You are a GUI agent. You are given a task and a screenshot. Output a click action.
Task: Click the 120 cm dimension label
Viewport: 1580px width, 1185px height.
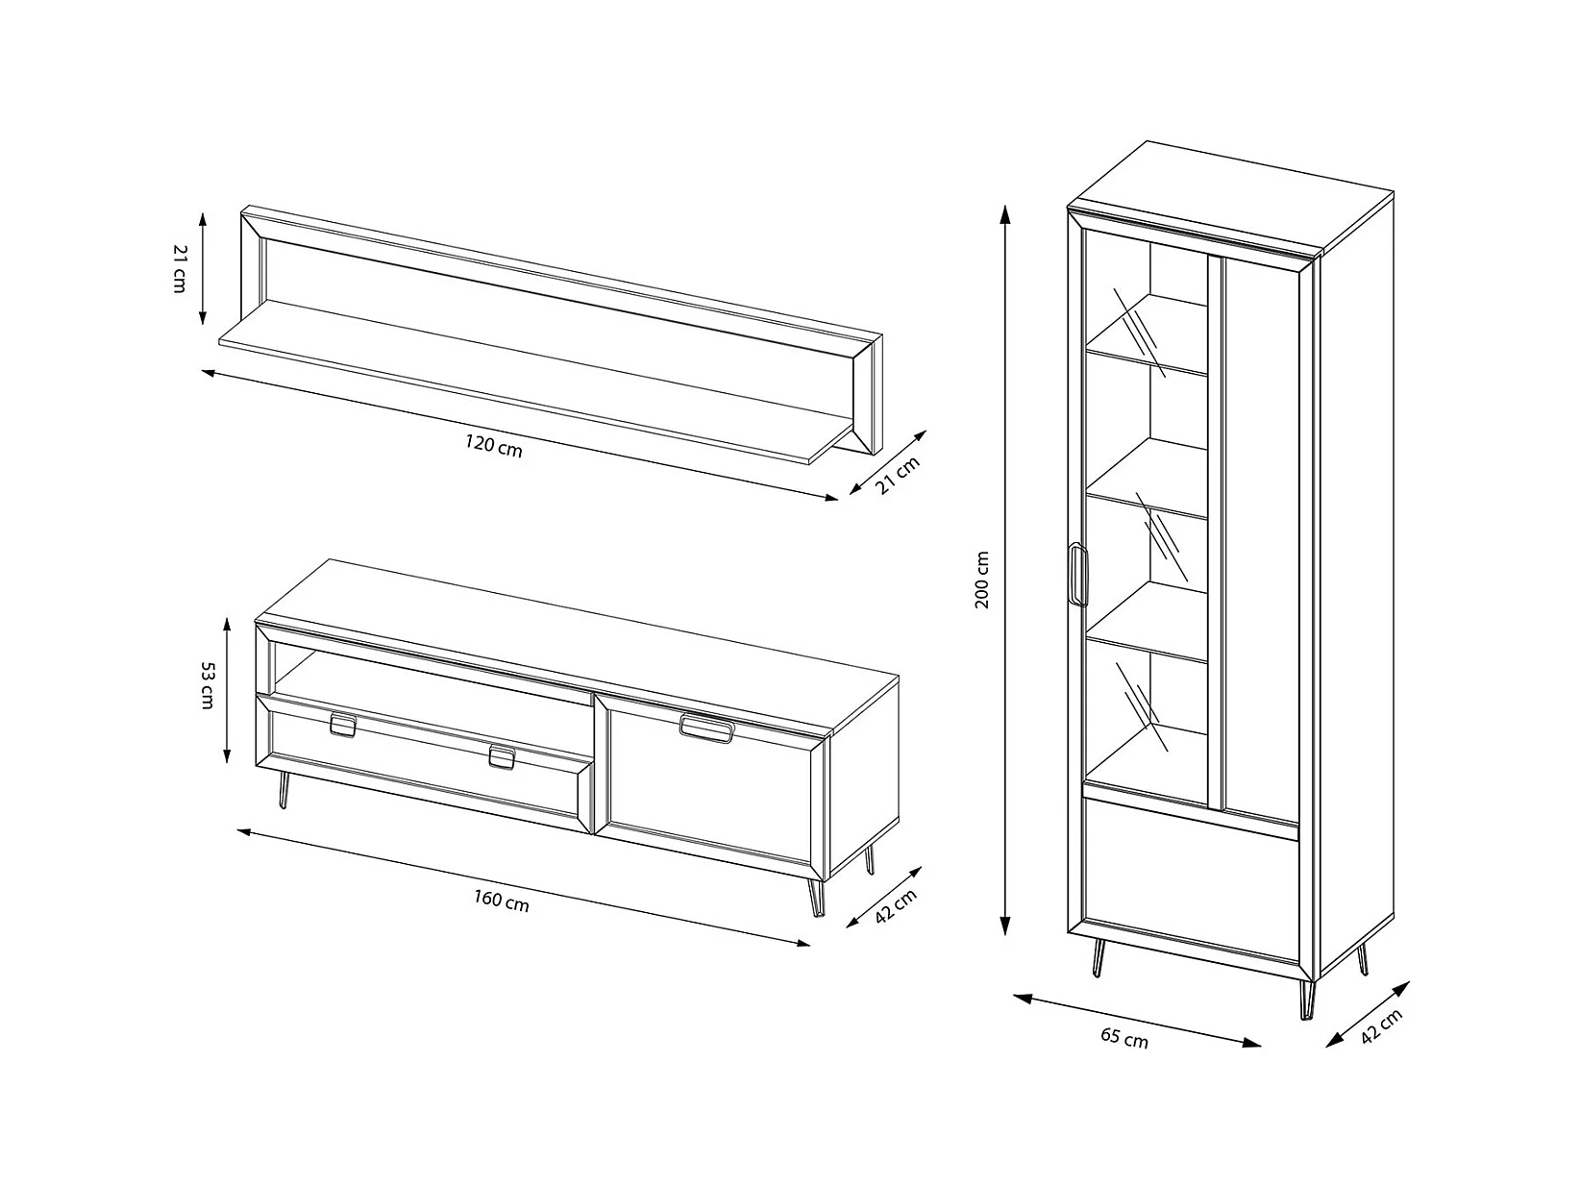click(x=494, y=445)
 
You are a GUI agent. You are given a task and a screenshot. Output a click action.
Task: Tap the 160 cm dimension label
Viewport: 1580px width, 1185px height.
click(x=502, y=901)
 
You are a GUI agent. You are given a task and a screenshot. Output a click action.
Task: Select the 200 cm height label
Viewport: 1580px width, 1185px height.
click(x=982, y=580)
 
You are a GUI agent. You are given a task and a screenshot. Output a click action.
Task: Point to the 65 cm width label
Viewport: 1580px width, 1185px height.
click(x=1124, y=1038)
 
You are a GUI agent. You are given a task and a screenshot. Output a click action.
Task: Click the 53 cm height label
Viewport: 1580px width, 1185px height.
click(x=208, y=685)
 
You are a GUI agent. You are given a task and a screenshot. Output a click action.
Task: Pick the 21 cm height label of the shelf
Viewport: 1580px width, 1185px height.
click(x=180, y=268)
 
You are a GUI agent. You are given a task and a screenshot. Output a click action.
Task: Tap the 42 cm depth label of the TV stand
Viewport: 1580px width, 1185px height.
click(x=896, y=906)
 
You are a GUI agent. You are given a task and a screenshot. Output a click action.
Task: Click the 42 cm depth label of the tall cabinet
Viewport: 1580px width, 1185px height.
click(x=1381, y=1026)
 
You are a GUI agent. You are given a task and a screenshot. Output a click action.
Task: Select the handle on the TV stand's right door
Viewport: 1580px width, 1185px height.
click(x=706, y=728)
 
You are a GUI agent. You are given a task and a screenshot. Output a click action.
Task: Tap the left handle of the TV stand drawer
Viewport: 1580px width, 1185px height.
click(x=343, y=726)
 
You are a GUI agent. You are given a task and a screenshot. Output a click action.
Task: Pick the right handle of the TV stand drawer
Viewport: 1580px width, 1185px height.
click(x=502, y=757)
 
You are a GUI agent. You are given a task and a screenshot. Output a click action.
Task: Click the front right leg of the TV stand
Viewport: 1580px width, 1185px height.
click(x=816, y=897)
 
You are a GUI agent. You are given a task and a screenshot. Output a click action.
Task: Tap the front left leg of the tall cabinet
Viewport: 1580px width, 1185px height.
click(x=1098, y=957)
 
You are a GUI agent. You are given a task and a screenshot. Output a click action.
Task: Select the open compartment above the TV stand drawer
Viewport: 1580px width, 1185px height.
click(x=432, y=670)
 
